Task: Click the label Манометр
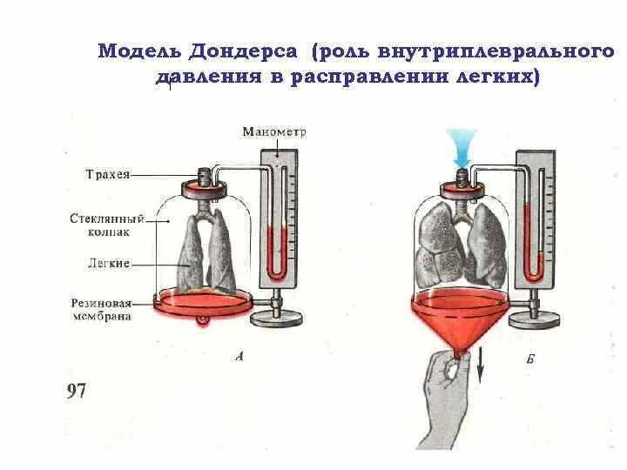click(274, 131)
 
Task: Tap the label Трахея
click(107, 174)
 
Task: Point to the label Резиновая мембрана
click(102, 310)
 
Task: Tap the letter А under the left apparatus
click(239, 354)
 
